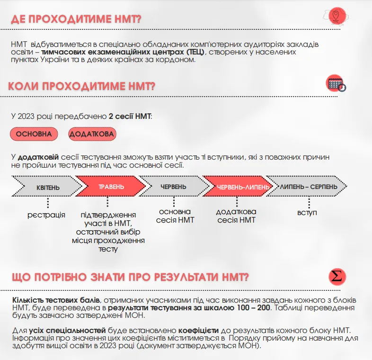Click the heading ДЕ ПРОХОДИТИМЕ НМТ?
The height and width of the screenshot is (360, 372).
(x=76, y=19)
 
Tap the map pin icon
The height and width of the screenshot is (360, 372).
(x=336, y=15)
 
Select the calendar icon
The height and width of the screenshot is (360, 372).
(x=336, y=84)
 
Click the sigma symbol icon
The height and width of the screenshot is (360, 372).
(x=337, y=276)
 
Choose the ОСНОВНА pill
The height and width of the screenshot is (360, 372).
(x=34, y=134)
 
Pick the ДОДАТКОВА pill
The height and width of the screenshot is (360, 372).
(x=92, y=134)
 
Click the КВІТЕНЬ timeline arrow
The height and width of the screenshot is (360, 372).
(x=47, y=188)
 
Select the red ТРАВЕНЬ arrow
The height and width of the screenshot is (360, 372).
(x=110, y=187)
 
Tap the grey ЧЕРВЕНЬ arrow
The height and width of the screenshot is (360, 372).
(x=172, y=187)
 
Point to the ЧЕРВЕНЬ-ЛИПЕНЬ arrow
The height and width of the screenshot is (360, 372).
(x=237, y=187)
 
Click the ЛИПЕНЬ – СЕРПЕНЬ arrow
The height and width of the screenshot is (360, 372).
(x=308, y=187)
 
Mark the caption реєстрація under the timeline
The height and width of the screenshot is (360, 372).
(x=46, y=215)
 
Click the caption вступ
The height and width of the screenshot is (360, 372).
(x=307, y=212)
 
